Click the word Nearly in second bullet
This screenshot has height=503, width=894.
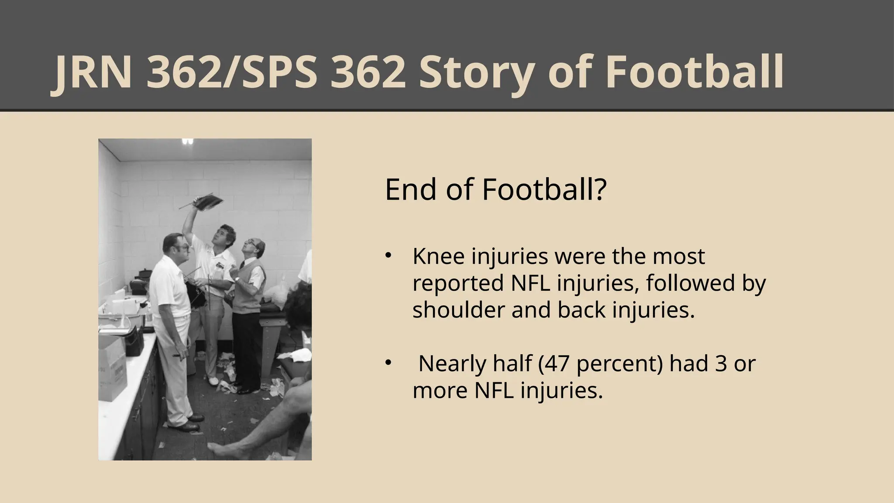point(451,363)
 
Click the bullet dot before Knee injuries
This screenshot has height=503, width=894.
point(388,256)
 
